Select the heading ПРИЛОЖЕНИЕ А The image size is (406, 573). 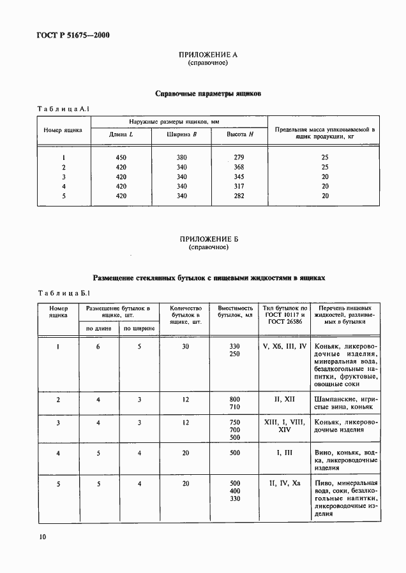coord(208,55)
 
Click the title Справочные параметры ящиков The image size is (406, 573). coord(208,94)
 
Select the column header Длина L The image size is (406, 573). coord(121,134)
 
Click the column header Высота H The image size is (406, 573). coord(240,134)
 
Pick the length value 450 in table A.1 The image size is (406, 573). coord(121,157)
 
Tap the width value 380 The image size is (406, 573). coord(181,157)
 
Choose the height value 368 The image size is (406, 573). coord(239,167)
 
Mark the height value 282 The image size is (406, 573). coord(239,196)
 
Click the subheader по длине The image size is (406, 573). coord(99,328)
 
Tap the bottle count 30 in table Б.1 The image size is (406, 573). coord(186,346)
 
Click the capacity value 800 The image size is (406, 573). coord(234,400)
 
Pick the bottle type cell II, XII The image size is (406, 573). coord(284,400)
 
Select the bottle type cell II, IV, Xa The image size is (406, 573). coord(284,484)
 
